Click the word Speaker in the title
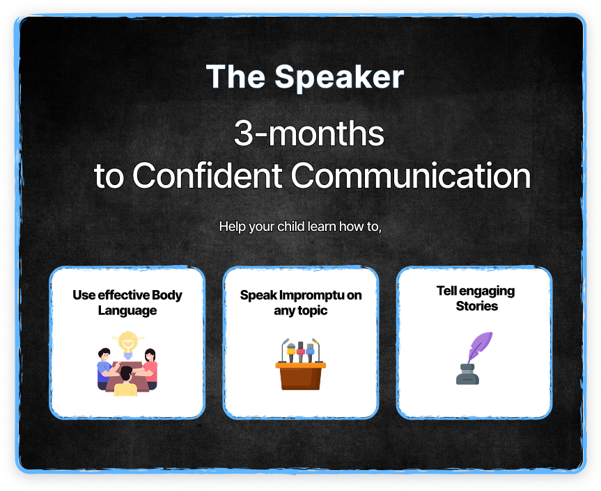[x=339, y=78]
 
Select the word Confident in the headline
[x=208, y=175]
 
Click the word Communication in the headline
[x=411, y=175]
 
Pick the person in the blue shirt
[x=106, y=369]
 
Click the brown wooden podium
[x=301, y=376]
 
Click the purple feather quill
[x=479, y=347]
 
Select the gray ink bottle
[x=467, y=374]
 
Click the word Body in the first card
[x=166, y=296]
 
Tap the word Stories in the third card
[x=477, y=306]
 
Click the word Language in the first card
[x=127, y=310]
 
